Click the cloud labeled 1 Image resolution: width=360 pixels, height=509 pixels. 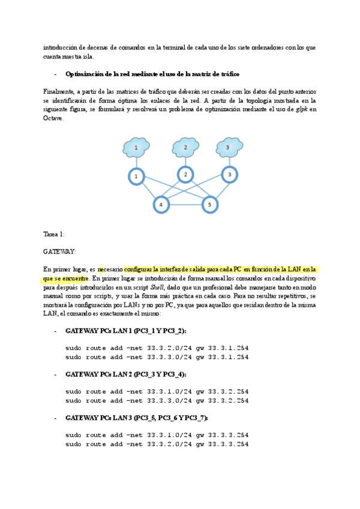pos(136,147)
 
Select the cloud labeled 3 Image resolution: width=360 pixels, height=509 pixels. pos(227,146)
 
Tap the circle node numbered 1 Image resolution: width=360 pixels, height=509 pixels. pos(136,176)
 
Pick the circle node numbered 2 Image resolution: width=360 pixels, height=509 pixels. pos(186,175)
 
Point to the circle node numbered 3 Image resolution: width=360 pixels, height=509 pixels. pos(229,175)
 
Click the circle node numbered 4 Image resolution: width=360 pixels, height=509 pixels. pos(161,205)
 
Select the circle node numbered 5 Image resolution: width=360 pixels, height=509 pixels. pos(209,205)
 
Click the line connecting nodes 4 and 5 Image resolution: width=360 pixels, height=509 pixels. pos(185,205)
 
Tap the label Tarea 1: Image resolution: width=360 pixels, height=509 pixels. pos(54,234)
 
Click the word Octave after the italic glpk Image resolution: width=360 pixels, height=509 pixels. pos(53,118)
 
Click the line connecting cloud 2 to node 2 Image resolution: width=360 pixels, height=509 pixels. pos(186,161)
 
